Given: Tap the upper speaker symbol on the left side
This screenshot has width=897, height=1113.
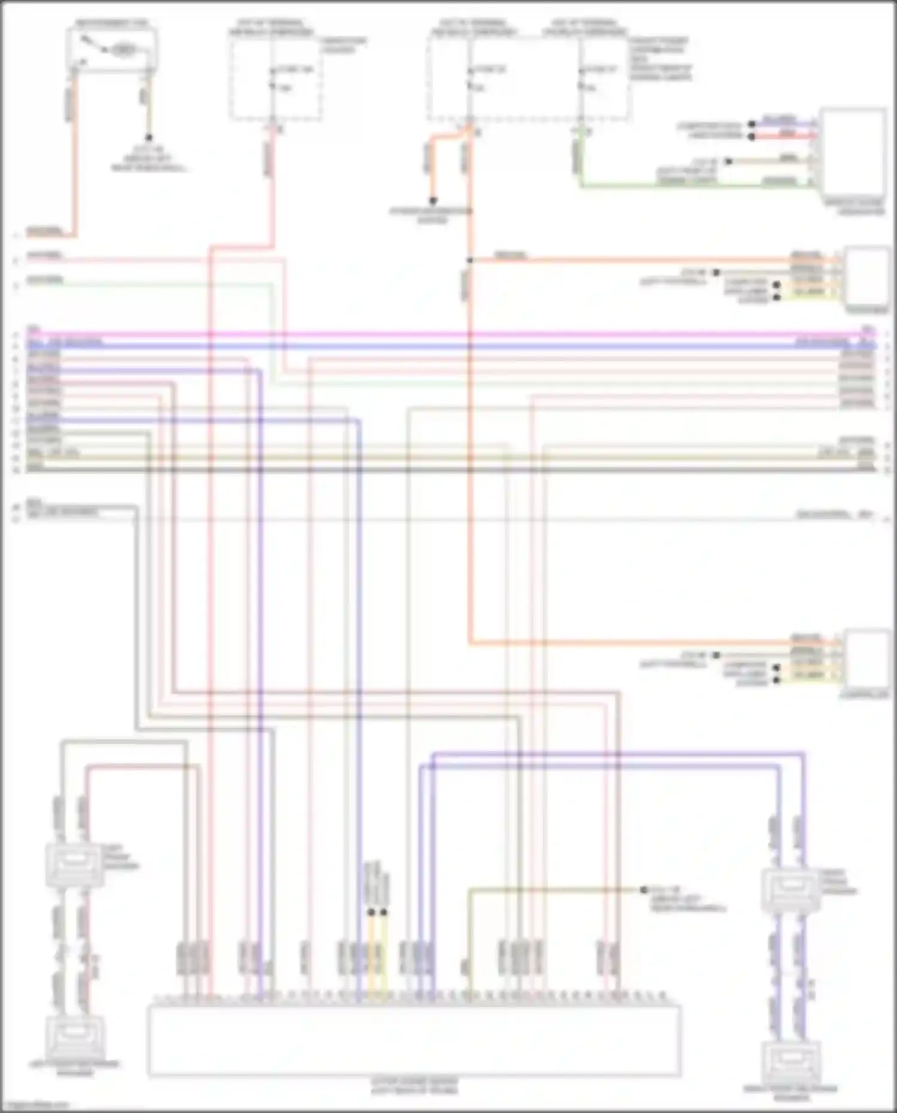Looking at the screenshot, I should pyautogui.click(x=73, y=865).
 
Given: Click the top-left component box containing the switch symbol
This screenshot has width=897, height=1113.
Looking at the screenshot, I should pyautogui.click(x=113, y=49).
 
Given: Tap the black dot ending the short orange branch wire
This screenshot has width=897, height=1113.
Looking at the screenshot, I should pyautogui.click(x=432, y=201).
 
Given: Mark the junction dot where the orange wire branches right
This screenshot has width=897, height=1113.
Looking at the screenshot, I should pyautogui.click(x=469, y=260).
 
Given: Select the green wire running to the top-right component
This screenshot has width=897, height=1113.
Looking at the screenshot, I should pyautogui.click(x=688, y=187).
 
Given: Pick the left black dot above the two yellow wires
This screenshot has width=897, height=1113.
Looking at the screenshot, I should pyautogui.click(x=371, y=913).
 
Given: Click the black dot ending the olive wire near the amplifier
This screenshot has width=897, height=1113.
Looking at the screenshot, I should pyautogui.click(x=644, y=890).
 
